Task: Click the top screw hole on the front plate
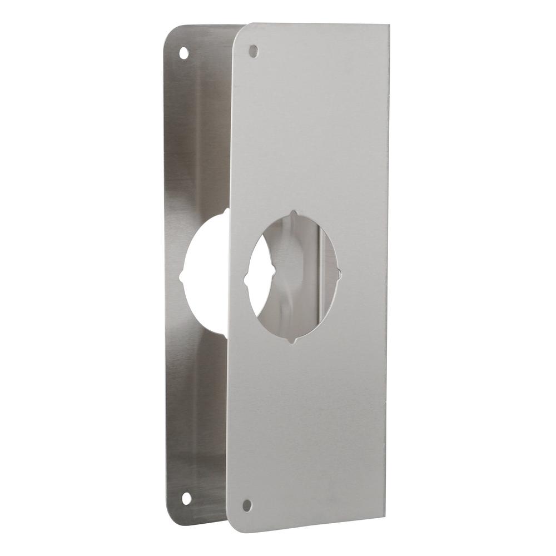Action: (253, 51)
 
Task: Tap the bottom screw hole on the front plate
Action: (247, 505)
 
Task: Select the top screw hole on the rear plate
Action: (183, 53)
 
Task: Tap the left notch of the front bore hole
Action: (247, 277)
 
